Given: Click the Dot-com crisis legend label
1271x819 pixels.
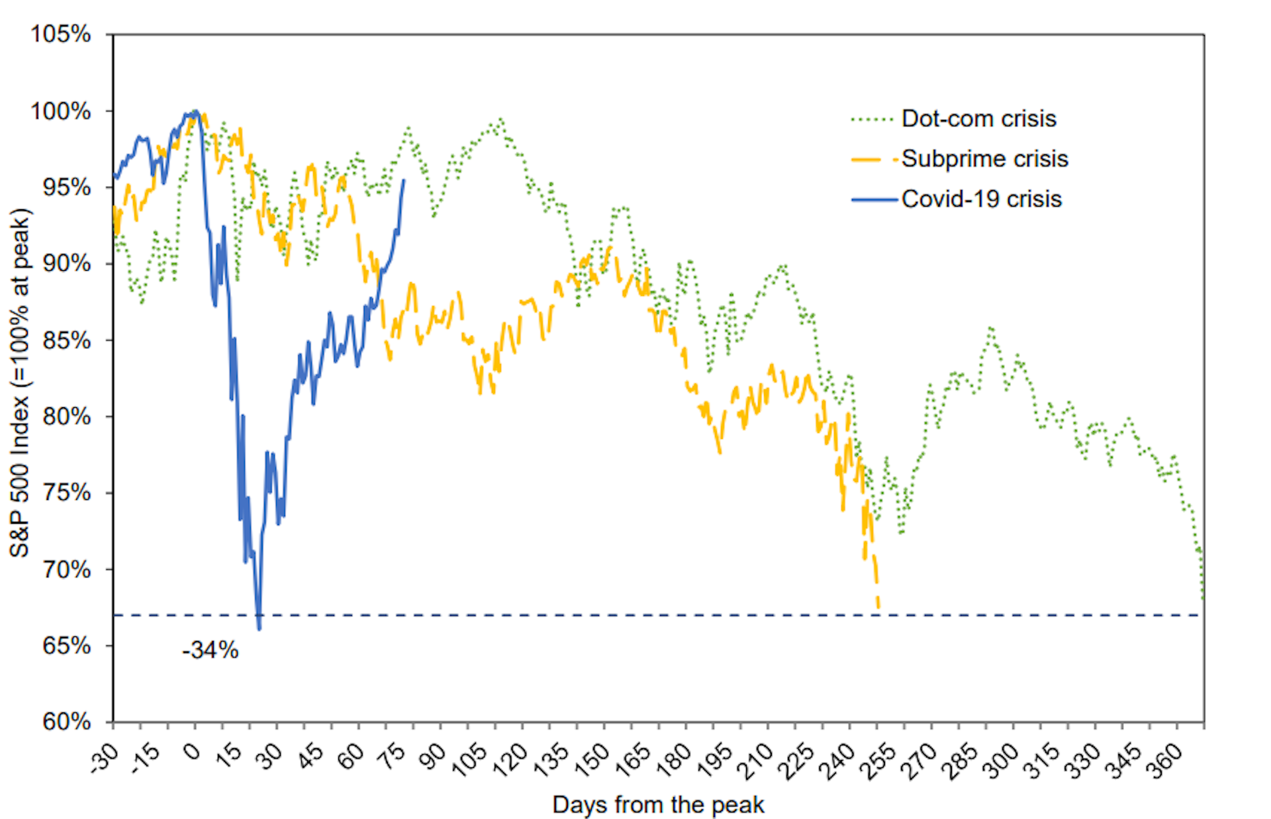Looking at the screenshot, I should pos(978,119).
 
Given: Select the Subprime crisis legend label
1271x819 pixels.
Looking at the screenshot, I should pos(984,159).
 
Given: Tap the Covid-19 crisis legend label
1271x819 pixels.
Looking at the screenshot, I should pos(981,199).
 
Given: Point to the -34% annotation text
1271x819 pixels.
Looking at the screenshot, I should pos(210,650).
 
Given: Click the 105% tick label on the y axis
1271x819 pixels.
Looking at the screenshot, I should pos(61,34).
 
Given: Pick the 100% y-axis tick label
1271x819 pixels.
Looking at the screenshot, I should pos(61,111).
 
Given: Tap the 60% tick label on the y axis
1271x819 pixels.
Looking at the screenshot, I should pos(66,721).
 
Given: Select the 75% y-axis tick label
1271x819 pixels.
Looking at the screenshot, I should pos(66,493).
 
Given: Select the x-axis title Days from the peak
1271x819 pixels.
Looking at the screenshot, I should pos(658,805).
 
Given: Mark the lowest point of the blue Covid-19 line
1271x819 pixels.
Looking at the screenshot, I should pos(259,628).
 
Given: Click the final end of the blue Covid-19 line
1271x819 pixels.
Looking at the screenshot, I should pos(404,180).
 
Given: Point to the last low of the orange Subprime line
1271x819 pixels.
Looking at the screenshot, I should pos(878,606).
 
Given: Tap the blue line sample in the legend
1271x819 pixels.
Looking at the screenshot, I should pos(874,199).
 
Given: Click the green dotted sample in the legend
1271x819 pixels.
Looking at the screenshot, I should pos(872,120).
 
